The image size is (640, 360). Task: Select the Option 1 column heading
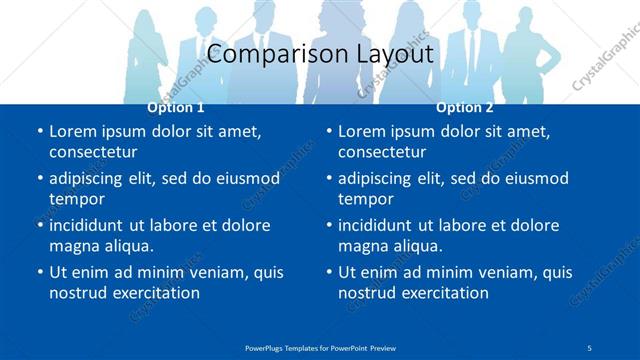coord(176,107)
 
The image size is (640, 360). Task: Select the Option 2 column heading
coord(464,107)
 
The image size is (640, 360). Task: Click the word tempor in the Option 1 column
coord(77,199)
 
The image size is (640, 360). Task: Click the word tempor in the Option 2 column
coord(366,199)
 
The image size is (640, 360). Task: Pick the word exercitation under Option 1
coord(155,293)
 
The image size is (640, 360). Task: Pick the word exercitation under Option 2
coord(444,293)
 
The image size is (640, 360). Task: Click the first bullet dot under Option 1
coord(40,132)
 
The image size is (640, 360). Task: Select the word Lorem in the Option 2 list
coord(360,132)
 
